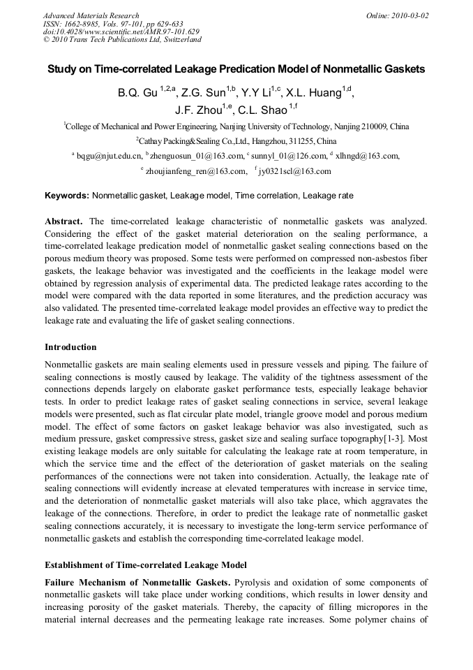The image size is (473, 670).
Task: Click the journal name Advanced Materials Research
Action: (x=91, y=15)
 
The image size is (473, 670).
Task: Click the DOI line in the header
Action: (x=121, y=31)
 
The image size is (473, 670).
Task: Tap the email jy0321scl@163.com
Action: (x=296, y=170)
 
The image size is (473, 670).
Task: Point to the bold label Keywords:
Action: (x=66, y=196)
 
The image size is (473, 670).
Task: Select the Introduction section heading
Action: (x=70, y=347)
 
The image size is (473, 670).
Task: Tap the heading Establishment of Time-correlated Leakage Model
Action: (x=145, y=565)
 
